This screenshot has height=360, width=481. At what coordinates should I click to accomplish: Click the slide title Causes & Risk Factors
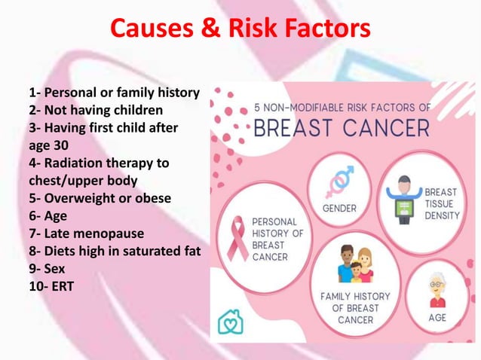[240, 29]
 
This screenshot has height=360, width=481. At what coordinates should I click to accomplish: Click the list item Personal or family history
[114, 93]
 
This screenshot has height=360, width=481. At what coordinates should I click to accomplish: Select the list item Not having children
[96, 111]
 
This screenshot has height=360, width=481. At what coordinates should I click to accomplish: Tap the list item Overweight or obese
[100, 198]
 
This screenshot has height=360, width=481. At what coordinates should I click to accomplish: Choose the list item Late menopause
[86, 233]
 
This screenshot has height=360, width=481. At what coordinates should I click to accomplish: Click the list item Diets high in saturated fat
[114, 251]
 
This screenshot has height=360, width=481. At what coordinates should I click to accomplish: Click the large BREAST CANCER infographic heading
[342, 127]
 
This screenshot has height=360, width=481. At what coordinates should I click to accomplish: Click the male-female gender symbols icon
[339, 180]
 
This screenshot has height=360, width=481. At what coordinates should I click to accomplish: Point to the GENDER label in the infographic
[339, 207]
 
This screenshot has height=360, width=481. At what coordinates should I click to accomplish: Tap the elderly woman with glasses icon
[437, 289]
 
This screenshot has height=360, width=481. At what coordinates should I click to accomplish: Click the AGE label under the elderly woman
[437, 318]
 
